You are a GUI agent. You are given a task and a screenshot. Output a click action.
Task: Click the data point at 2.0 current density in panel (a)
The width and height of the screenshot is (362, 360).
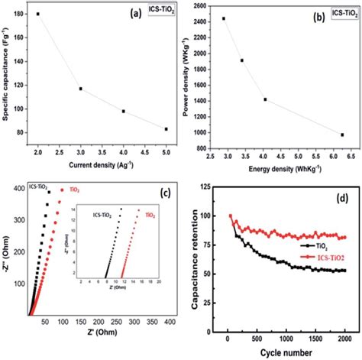coord(37,14)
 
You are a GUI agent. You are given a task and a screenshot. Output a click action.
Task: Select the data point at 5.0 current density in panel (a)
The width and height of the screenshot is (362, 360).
coord(166,129)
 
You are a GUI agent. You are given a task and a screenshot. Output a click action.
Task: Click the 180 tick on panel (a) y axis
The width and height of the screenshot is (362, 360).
coord(23,15)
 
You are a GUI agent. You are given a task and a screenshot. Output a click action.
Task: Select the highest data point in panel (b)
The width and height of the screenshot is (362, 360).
coord(224,18)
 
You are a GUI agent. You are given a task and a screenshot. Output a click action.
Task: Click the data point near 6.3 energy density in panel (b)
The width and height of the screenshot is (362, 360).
coord(342,135)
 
